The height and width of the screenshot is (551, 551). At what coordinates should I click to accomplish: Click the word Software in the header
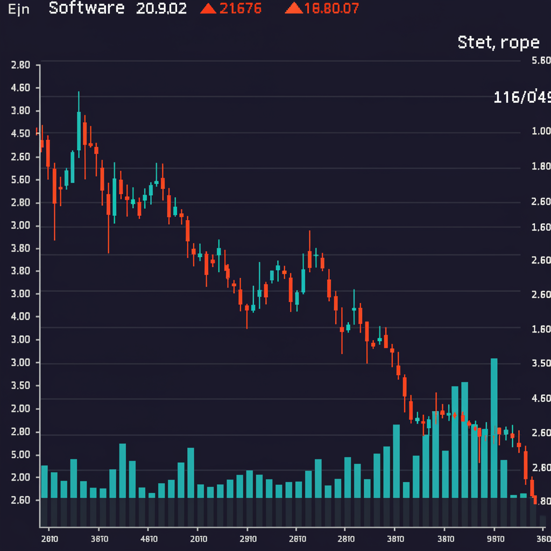tap(86, 9)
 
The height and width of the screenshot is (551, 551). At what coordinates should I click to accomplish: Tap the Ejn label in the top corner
tap(19, 10)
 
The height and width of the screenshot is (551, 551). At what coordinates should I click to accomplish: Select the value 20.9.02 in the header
tap(161, 9)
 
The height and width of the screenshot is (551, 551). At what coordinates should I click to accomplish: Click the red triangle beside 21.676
tap(207, 9)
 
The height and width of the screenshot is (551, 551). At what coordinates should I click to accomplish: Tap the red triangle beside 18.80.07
tap(293, 9)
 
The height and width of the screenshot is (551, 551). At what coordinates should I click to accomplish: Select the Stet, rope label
tap(498, 42)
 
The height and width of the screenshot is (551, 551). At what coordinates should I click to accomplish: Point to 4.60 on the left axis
tap(20, 88)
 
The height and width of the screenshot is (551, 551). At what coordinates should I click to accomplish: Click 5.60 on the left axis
tap(20, 180)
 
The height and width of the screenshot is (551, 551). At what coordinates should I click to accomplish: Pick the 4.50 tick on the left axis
tap(20, 133)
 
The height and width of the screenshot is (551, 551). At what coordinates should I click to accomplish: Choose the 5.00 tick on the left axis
tap(20, 455)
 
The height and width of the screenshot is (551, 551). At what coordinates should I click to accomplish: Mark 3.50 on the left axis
tap(20, 386)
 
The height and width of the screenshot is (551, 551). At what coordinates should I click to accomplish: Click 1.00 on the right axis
tap(541, 131)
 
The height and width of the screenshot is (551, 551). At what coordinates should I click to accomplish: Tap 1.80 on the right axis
tap(541, 166)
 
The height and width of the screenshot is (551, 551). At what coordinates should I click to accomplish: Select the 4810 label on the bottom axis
tap(149, 539)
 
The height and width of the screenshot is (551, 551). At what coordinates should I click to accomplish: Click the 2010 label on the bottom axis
tap(199, 539)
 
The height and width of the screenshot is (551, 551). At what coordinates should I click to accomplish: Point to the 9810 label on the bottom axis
tap(495, 539)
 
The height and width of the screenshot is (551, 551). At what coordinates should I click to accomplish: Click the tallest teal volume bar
tap(494, 428)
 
